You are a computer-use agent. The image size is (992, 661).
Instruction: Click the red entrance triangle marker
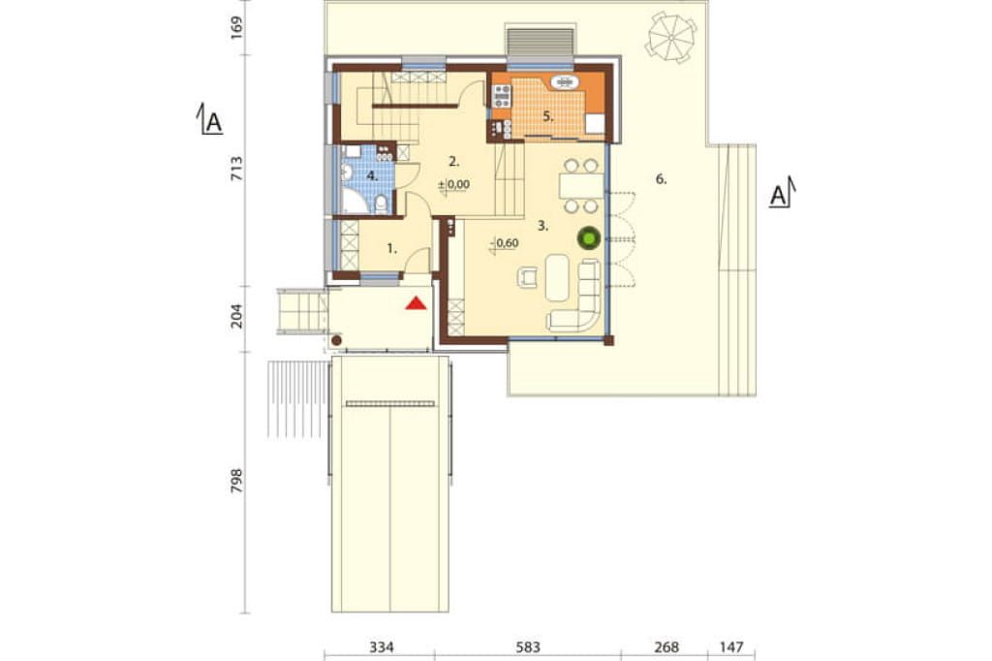416,303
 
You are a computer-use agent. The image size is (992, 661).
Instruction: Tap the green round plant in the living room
589,238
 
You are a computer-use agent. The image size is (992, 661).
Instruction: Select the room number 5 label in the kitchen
548,116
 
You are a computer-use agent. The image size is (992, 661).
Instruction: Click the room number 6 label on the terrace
661,179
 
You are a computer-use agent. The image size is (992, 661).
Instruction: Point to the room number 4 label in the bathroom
373,176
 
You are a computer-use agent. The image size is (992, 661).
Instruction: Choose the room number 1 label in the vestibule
392,249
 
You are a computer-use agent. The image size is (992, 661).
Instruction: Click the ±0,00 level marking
454,185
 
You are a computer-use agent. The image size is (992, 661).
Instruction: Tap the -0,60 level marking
506,242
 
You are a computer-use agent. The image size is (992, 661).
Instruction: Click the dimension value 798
236,481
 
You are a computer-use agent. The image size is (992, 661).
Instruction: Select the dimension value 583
528,647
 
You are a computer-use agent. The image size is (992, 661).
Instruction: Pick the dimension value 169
236,28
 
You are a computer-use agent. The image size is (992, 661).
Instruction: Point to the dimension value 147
730,647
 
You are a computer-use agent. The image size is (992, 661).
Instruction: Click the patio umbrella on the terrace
671,38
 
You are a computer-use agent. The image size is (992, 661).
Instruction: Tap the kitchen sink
565,81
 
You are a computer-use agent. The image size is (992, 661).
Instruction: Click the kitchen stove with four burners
502,96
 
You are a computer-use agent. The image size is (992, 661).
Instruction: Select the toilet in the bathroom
381,205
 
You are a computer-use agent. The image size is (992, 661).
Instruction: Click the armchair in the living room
528,276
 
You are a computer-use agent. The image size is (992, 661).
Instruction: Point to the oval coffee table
557,277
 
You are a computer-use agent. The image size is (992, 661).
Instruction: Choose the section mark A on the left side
211,119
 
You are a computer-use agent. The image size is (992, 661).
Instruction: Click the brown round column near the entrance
336,340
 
